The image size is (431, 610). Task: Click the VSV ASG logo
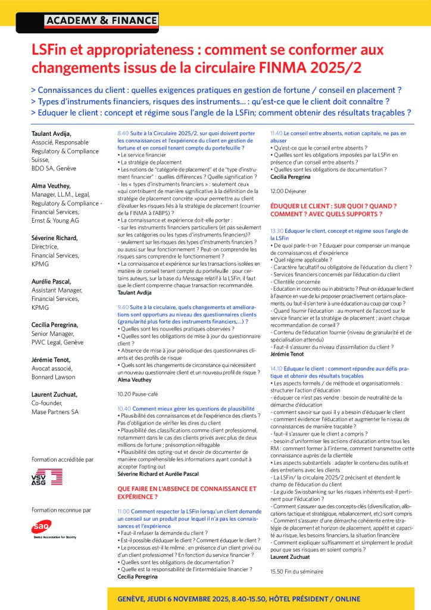47,477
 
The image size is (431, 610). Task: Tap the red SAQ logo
42,525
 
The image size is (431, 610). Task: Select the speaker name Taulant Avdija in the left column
52,135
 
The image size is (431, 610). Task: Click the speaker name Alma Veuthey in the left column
51,186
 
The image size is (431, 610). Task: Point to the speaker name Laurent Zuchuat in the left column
55,394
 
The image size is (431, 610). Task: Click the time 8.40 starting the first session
123,133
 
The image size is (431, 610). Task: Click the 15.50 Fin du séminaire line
296,571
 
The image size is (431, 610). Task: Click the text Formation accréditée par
62,459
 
